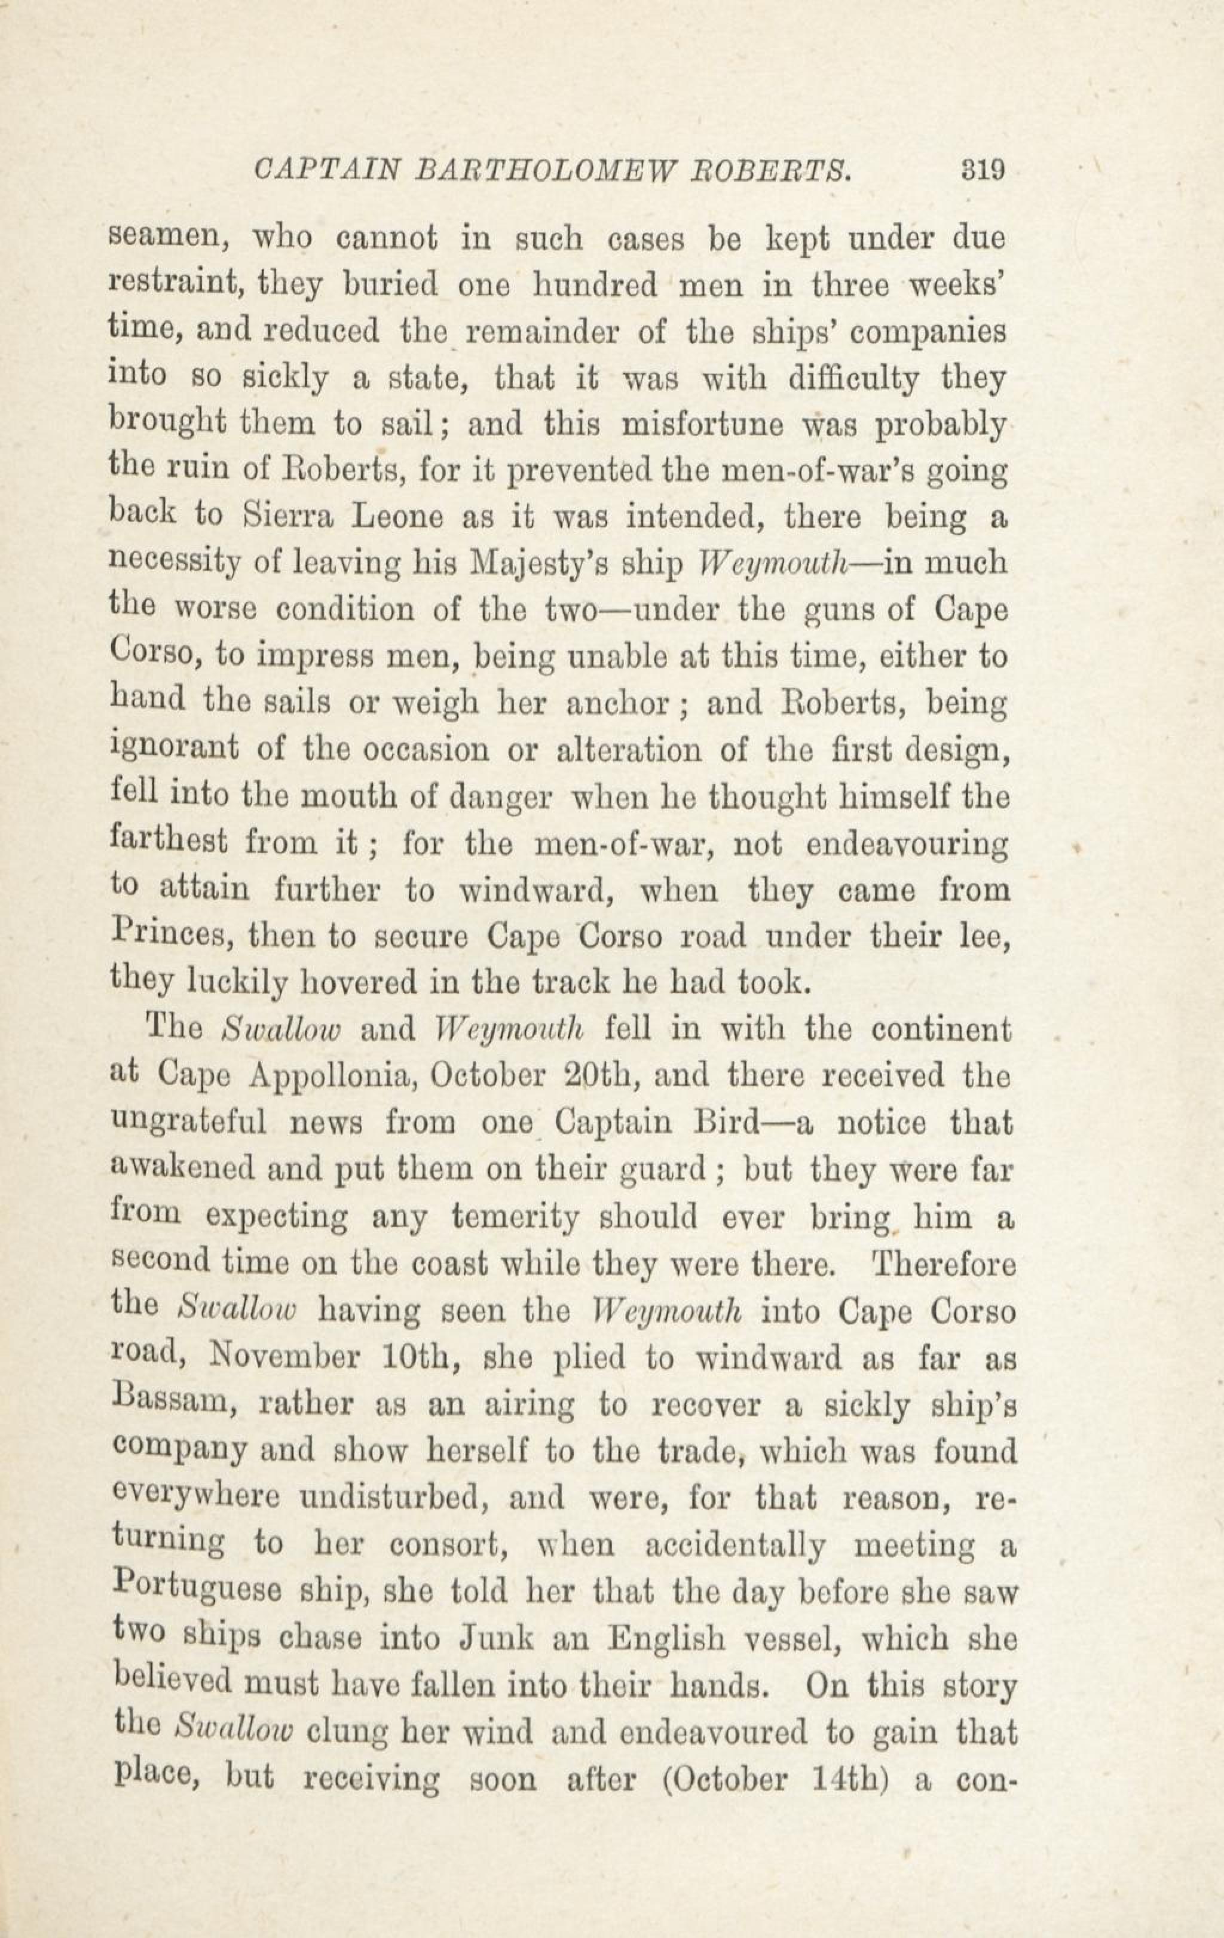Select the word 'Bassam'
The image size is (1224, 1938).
pos(171,1405)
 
